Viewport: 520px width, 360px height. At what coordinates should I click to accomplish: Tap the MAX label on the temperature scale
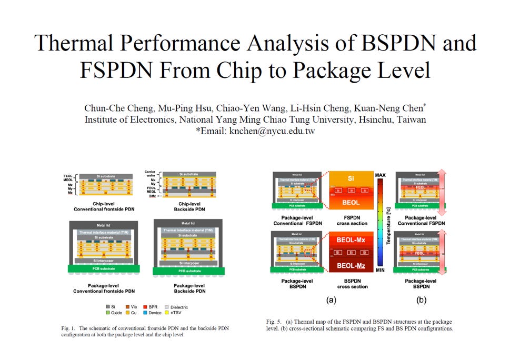tap(381, 174)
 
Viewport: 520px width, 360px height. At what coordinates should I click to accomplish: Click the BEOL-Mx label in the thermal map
tap(351, 239)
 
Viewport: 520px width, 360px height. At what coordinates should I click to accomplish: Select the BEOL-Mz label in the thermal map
tap(351, 266)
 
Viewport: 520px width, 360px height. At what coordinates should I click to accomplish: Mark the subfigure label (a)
tap(331, 300)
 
